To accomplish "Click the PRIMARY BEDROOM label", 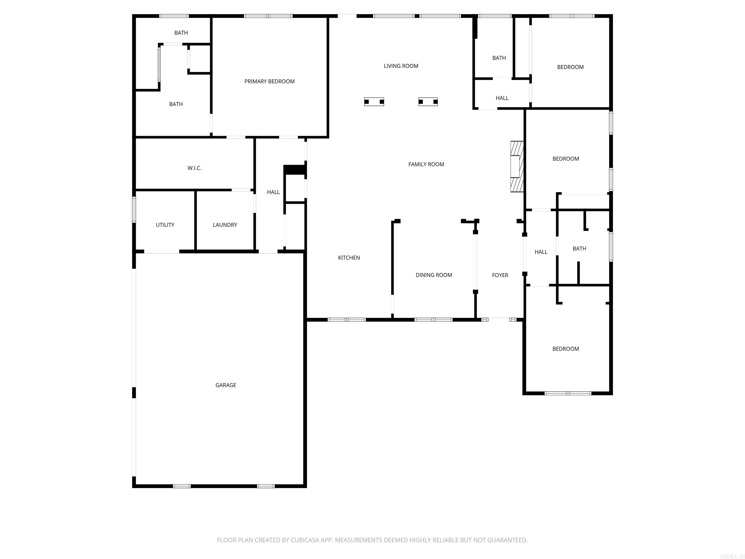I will [269, 82].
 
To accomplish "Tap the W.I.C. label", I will [194, 168].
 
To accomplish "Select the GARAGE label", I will [226, 385].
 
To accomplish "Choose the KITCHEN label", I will [349, 258].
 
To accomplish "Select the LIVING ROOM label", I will [401, 66].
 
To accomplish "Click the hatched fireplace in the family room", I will [517, 166].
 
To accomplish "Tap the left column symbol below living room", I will [374, 102].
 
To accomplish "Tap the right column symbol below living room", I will [428, 102].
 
